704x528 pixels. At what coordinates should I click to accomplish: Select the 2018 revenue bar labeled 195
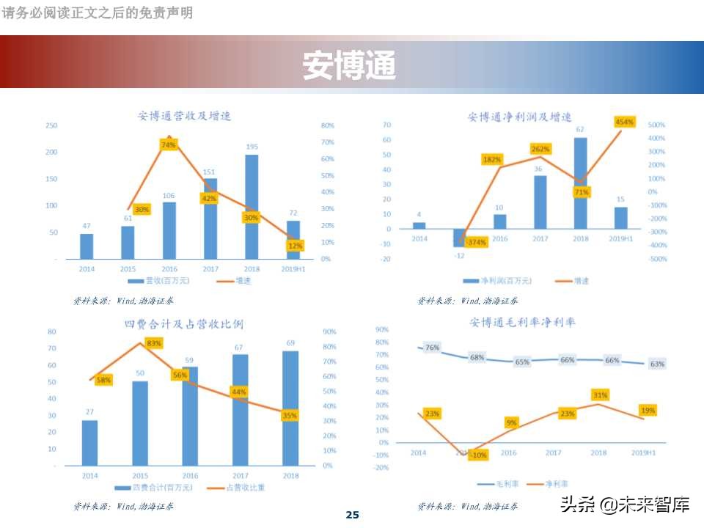point(252,205)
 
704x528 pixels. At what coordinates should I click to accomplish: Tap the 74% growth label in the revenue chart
point(168,145)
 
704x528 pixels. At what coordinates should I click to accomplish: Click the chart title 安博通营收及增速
point(184,116)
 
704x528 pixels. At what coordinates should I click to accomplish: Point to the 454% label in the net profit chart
point(625,122)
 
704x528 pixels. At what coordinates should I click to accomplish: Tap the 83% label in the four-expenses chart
point(154,343)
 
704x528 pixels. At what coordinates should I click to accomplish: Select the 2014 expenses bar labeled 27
point(89,442)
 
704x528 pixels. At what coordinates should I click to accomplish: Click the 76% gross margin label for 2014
point(432,348)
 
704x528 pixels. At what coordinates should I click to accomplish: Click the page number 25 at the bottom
point(352,515)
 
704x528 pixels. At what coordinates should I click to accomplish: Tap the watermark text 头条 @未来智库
point(624,505)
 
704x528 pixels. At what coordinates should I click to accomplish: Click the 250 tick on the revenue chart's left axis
point(51,125)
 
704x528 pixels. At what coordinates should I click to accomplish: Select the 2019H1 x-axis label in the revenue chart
point(293,269)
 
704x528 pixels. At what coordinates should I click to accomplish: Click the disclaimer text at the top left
point(98,12)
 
